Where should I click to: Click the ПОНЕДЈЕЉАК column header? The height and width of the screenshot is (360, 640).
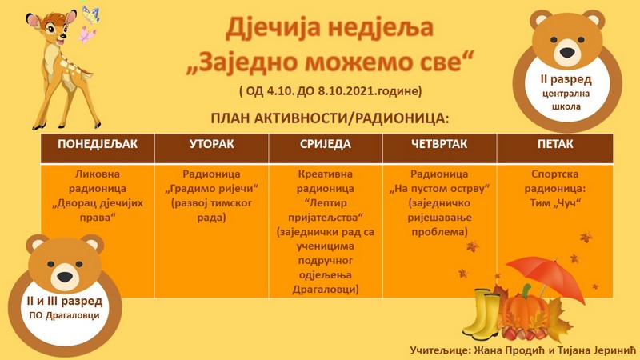[x=98, y=144]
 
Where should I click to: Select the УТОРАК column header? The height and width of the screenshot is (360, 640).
[x=211, y=144]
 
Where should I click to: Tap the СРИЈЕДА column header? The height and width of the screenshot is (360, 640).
[x=326, y=144]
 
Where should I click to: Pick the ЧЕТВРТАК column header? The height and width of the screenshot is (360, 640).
[x=439, y=144]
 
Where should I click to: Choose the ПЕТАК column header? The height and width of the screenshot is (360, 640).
[x=555, y=144]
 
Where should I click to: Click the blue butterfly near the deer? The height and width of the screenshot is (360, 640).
[x=90, y=14]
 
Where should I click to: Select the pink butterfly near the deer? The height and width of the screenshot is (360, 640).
[x=86, y=34]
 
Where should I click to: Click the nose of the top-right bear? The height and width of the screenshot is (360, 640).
[x=567, y=52]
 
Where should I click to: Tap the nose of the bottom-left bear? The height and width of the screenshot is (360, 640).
[x=65, y=277]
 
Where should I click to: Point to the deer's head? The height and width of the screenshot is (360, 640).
[x=52, y=28]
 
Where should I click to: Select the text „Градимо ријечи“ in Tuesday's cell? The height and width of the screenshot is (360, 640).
[x=211, y=189]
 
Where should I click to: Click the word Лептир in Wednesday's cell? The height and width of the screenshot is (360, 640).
[x=326, y=203]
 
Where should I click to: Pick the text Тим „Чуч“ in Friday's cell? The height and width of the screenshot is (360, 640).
[x=555, y=203]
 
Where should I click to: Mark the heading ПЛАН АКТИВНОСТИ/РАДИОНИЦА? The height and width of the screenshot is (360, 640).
[x=330, y=118]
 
